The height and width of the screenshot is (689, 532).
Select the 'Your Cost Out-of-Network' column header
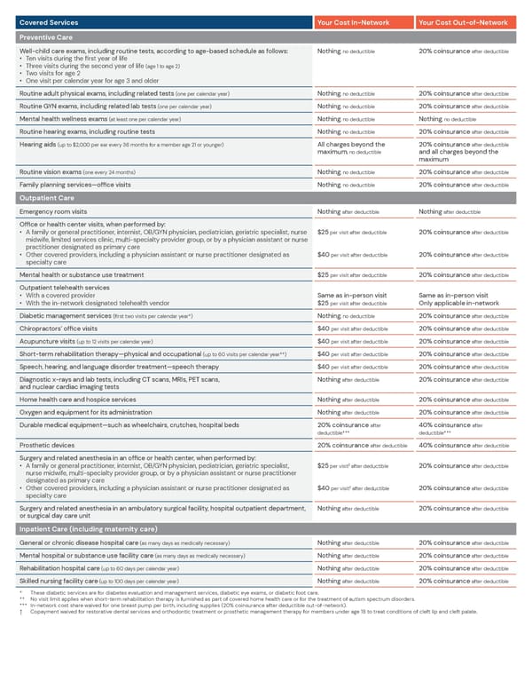(463, 22)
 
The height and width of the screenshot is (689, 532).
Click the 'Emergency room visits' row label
(53, 212)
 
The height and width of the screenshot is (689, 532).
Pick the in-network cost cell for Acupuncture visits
(351, 341)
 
